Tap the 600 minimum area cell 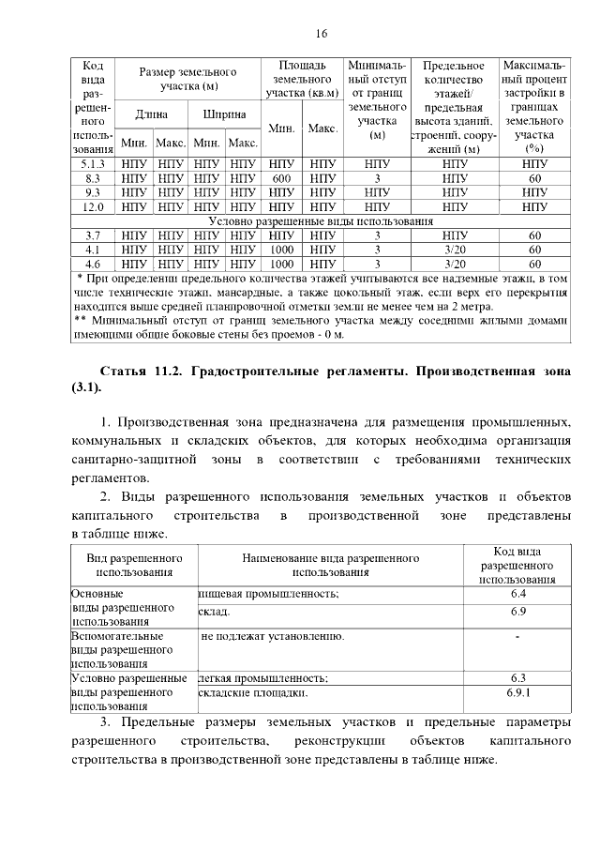(281, 178)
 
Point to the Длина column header (151, 114)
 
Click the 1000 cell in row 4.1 (281, 250)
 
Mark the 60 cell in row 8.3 (534, 178)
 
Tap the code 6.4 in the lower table (518, 594)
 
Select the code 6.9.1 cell (518, 692)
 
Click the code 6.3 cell (518, 677)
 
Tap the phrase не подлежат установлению (273, 636)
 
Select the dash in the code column (518, 637)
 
